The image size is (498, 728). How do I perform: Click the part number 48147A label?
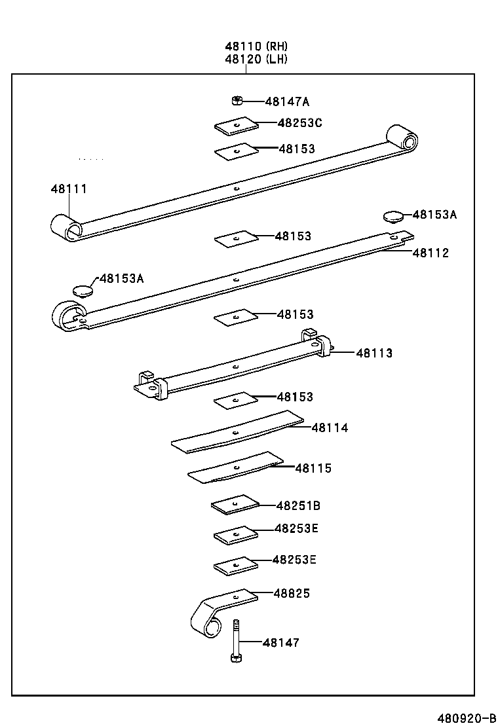pyautogui.click(x=287, y=101)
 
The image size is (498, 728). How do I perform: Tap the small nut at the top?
pyautogui.click(x=237, y=100)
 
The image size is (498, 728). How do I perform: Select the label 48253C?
pyautogui.click(x=299, y=122)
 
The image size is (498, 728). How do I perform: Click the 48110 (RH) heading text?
pyautogui.click(x=256, y=46)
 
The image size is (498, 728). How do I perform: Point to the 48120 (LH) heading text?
pyautogui.click(x=256, y=59)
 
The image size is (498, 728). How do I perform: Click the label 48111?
pyautogui.click(x=69, y=189)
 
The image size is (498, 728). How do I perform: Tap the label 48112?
pyautogui.click(x=431, y=253)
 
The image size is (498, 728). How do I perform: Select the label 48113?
pyautogui.click(x=374, y=353)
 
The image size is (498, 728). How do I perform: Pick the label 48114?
pyautogui.click(x=330, y=428)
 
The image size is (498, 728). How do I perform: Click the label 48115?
pyautogui.click(x=313, y=468)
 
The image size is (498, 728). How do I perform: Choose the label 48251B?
pyautogui.click(x=298, y=505)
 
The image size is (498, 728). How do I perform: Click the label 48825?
pyautogui.click(x=292, y=593)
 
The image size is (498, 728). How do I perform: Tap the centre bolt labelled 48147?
pyautogui.click(x=236, y=642)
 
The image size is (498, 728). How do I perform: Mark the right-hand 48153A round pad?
pyautogui.click(x=392, y=215)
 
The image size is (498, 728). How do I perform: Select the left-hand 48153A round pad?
pyautogui.click(x=82, y=288)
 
